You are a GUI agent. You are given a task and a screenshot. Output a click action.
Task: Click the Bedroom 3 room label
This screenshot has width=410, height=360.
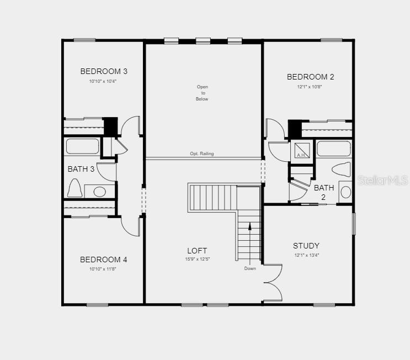[x=104, y=71]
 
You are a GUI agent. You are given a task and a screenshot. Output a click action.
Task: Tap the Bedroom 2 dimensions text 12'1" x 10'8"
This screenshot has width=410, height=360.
[x=310, y=87]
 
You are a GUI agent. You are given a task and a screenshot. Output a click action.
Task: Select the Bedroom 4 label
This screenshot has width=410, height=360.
[x=104, y=260]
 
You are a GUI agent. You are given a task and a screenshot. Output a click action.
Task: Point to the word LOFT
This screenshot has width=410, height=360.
[x=197, y=251]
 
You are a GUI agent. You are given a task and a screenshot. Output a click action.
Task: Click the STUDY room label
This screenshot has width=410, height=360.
[x=306, y=246]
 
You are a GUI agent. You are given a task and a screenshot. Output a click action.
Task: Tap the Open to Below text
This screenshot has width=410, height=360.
[x=202, y=93]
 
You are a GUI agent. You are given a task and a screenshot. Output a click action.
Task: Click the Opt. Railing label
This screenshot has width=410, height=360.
[x=202, y=153]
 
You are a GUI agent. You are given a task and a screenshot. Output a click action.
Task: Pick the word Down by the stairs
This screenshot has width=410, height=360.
[x=250, y=268]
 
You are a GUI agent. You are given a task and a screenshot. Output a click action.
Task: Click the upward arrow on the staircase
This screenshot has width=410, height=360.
[x=250, y=244]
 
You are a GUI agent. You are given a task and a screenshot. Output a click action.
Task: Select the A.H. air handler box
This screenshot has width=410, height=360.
[x=302, y=151]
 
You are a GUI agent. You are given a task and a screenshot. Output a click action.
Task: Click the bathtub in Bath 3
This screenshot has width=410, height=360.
[x=82, y=146]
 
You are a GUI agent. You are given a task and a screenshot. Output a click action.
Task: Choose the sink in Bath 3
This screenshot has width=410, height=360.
[x=99, y=192]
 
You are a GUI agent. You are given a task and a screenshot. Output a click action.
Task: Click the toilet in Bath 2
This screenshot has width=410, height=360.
[x=341, y=170]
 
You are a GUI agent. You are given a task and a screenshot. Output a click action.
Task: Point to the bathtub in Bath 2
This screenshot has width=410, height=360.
[x=334, y=149]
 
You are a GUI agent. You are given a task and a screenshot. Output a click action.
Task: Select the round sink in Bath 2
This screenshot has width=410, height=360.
[x=345, y=192]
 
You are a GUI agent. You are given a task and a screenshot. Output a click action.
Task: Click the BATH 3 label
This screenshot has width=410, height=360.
[x=81, y=169]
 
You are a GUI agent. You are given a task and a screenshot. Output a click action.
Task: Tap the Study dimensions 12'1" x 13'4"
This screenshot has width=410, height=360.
[x=307, y=255]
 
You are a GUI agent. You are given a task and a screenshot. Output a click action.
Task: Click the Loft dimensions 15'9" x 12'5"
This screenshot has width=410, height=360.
[x=198, y=259]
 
